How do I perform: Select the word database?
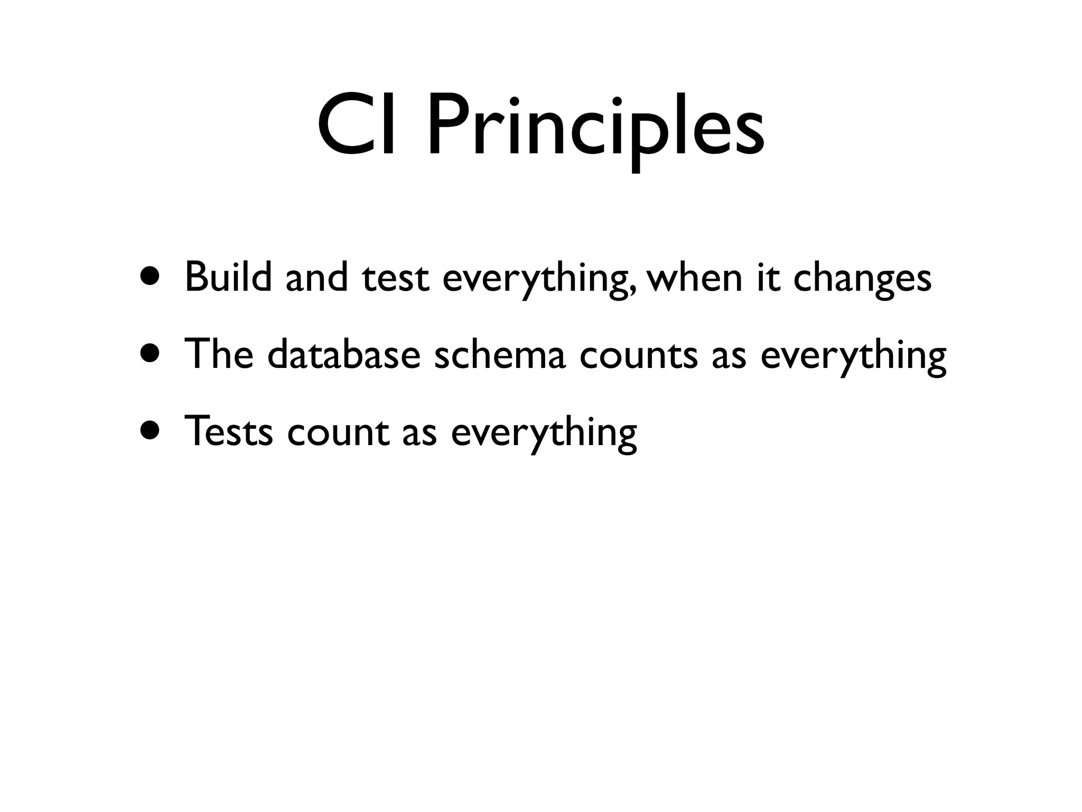[343, 354]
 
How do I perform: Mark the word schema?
[500, 354]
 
